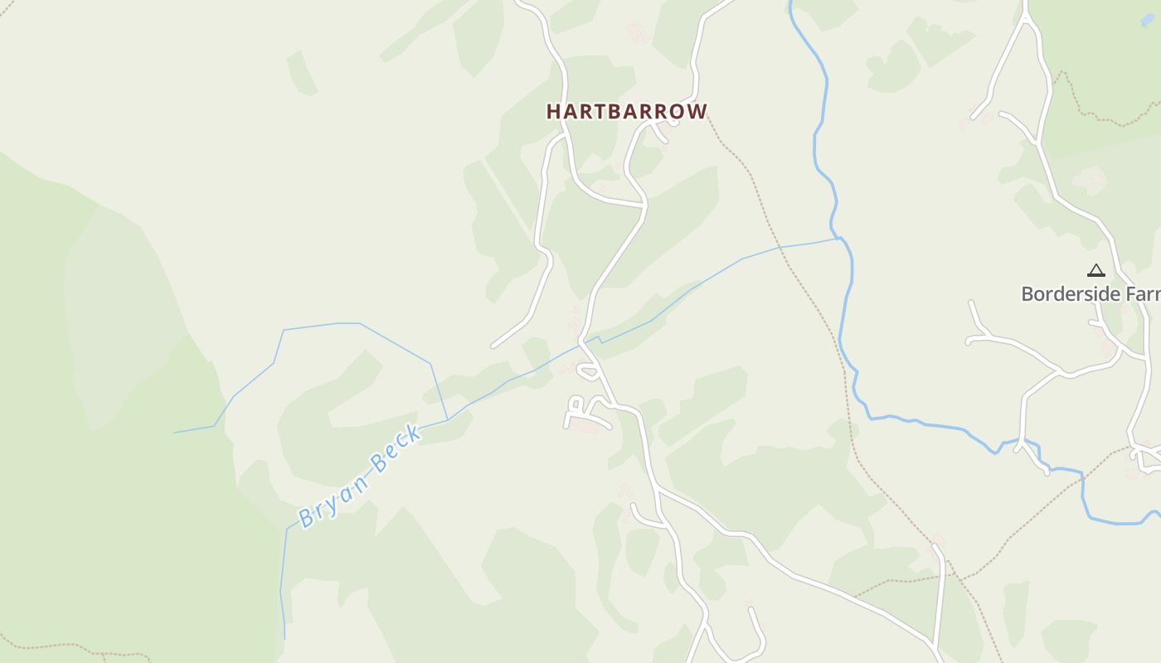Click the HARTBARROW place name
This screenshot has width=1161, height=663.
pyautogui.click(x=627, y=111)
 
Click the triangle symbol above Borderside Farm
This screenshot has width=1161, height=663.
pyautogui.click(x=1096, y=270)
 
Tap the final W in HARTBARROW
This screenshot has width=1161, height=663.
pyautogui.click(x=698, y=111)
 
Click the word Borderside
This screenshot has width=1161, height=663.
pyautogui.click(x=1061, y=293)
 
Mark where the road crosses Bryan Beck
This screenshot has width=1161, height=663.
pyautogui.click(x=586, y=339)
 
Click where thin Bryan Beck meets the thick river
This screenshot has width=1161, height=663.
pyautogui.click(x=841, y=238)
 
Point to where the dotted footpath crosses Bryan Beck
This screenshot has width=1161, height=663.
pyautogui.click(x=780, y=247)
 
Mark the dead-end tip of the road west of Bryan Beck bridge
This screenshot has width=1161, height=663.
pyautogui.click(x=493, y=346)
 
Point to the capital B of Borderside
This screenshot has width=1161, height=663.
pyautogui.click(x=1027, y=293)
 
